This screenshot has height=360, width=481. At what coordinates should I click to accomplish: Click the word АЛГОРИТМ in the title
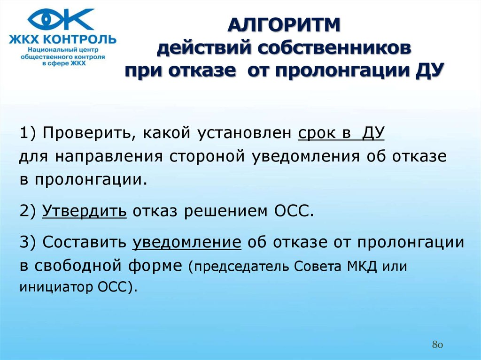tap(284, 25)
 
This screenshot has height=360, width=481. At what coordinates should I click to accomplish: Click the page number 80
tap(437, 345)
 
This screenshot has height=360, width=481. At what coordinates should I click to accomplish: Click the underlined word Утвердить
tap(85, 211)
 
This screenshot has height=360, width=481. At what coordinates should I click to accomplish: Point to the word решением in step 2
tap(226, 211)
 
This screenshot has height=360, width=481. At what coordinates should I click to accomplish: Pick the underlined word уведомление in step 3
tap(187, 242)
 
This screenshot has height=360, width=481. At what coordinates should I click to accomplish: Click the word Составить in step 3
tap(85, 242)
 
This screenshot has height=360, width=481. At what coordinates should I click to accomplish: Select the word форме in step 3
tap(155, 266)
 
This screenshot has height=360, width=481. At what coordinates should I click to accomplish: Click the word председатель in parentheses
tap(241, 267)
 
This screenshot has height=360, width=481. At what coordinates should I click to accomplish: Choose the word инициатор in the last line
tap(56, 287)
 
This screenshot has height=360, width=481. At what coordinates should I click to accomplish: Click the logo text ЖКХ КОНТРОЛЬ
tap(63, 39)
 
